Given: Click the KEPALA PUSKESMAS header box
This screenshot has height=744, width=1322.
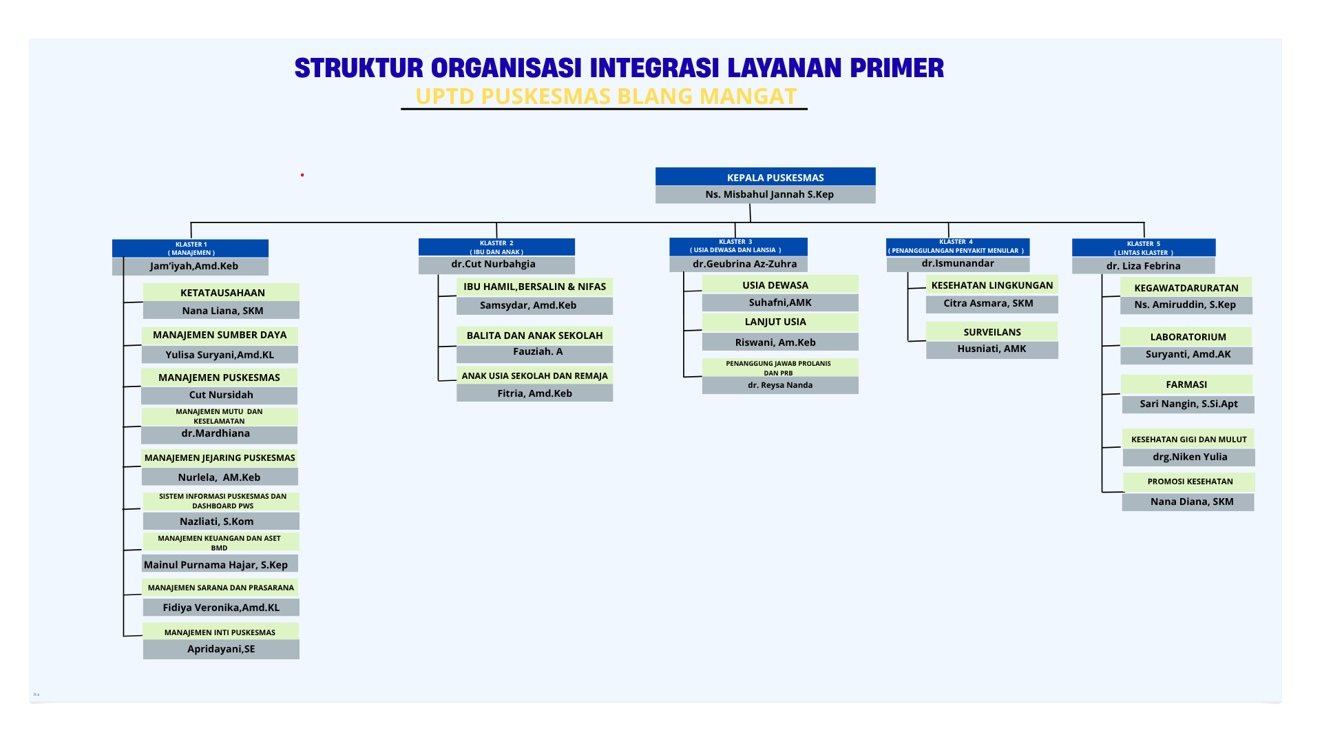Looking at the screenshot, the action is pyautogui.click(x=765, y=176).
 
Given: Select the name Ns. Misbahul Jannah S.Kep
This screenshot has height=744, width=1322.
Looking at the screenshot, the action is pyautogui.click(x=769, y=194).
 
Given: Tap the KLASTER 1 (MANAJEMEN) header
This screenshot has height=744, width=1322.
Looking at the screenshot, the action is pyautogui.click(x=190, y=248).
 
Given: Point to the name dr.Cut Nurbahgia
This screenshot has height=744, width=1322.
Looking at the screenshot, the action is pyautogui.click(x=493, y=264).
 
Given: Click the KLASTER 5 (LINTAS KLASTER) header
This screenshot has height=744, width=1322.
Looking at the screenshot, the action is pyautogui.click(x=1144, y=248).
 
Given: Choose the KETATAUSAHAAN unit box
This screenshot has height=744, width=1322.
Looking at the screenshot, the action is pyautogui.click(x=221, y=292).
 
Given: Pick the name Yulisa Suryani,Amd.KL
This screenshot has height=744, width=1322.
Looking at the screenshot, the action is pyautogui.click(x=220, y=355).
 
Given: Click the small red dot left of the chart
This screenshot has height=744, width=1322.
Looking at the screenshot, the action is pyautogui.click(x=302, y=175).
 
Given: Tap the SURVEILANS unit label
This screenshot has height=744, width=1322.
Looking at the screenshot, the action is pyautogui.click(x=992, y=332).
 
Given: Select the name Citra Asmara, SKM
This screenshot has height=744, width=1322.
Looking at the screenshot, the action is pyautogui.click(x=988, y=303).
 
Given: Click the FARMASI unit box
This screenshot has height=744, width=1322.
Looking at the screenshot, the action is pyautogui.click(x=1186, y=384).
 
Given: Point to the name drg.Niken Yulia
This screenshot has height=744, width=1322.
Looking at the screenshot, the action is pyautogui.click(x=1190, y=457).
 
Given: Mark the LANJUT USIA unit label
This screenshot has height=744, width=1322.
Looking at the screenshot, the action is pyautogui.click(x=775, y=322).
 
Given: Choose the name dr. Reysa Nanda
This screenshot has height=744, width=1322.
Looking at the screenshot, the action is pyautogui.click(x=780, y=385).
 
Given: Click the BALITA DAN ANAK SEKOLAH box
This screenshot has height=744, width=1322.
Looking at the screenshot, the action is pyautogui.click(x=534, y=335).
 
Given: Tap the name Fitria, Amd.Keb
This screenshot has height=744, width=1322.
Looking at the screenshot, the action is pyautogui.click(x=534, y=393).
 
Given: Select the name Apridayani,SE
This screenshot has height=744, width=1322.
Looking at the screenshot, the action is pyautogui.click(x=221, y=649).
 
